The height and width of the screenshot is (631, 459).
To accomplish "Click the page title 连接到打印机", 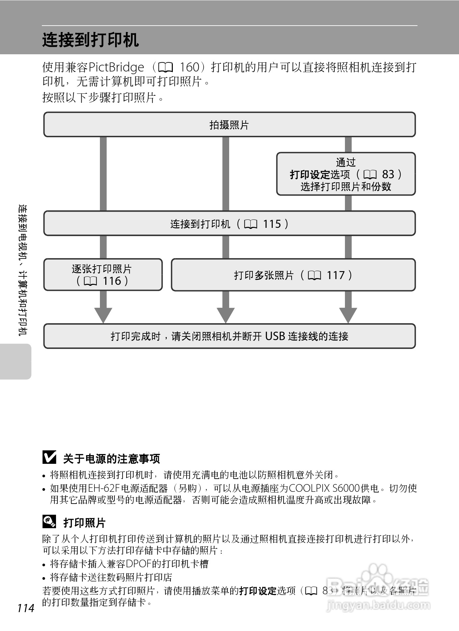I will point(90,40).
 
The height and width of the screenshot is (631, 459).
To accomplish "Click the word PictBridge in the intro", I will point(116,67).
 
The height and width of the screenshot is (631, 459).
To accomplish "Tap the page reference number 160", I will point(190,67).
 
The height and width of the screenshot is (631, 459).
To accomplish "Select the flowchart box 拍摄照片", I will point(229,125).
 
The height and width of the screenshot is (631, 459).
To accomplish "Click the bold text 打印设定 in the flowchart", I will point(310,175).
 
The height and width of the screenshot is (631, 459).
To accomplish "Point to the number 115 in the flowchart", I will point(272,224).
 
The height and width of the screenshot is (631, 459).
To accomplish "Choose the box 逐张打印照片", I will point(103,274).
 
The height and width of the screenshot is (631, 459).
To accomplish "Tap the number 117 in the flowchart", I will point(335,275).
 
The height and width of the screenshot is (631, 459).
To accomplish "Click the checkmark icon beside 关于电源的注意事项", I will point(49,457).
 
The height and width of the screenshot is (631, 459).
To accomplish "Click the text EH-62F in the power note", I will point(104,488).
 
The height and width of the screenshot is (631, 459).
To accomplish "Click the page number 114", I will point(26,608).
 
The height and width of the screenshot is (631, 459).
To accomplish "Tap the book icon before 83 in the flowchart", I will point(370,175).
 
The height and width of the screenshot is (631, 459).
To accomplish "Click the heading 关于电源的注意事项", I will point(111,458).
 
